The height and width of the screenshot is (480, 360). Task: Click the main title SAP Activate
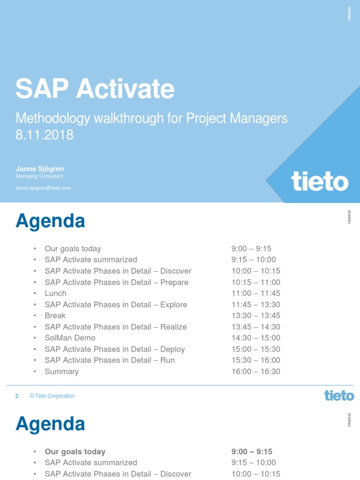click(95, 89)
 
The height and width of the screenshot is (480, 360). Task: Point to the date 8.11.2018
click(45, 135)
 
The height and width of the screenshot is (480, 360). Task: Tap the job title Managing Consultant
click(39, 176)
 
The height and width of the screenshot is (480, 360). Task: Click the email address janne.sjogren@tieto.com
click(43, 188)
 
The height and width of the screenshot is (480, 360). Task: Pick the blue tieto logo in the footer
click(339, 396)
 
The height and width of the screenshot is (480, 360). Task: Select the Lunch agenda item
click(55, 293)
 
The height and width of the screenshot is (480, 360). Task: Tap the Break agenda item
click(55, 315)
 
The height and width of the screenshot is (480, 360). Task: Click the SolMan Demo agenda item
click(70, 338)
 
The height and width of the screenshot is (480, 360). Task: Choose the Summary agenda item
click(61, 372)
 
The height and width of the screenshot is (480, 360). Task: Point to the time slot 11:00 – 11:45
click(255, 293)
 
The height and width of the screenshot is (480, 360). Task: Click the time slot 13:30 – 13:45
click(255, 315)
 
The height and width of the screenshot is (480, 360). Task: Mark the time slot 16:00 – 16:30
click(255, 372)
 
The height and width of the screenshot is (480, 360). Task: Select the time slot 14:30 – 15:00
click(255, 338)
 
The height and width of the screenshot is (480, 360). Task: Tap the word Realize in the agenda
click(173, 327)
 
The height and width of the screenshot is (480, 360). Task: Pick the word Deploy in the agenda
click(172, 349)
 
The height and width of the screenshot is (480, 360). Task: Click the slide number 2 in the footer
click(17, 396)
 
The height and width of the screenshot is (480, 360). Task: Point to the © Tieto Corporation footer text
click(52, 396)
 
